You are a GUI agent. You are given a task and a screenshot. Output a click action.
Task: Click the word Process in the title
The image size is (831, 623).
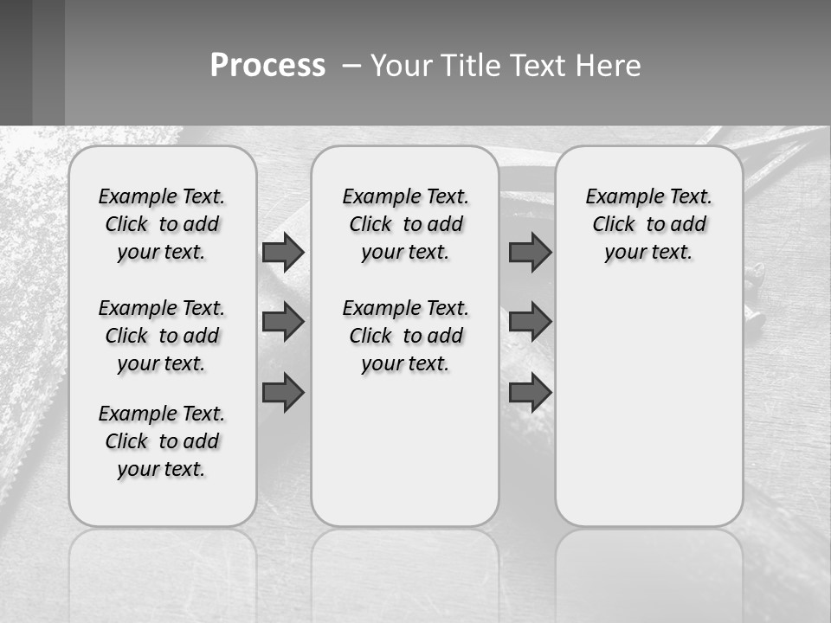tap(267, 66)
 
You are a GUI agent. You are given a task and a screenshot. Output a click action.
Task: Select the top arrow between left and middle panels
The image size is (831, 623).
tap(283, 252)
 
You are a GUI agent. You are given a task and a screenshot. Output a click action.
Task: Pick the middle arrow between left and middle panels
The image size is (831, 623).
tap(283, 322)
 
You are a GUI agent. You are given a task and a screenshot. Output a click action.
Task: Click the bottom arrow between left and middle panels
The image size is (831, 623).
tap(283, 392)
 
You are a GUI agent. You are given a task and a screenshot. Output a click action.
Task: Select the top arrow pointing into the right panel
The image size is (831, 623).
tap(530, 252)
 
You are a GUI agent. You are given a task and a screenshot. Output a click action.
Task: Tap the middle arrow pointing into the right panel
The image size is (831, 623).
tap(530, 322)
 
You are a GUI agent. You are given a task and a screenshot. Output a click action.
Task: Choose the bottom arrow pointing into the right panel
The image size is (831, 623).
tap(530, 392)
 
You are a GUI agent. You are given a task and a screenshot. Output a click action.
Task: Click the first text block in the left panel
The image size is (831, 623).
tap(162, 224)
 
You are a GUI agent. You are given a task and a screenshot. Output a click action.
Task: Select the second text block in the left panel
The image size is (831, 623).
tap(162, 336)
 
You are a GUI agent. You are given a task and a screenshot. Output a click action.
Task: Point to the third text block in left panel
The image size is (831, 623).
tap(162, 441)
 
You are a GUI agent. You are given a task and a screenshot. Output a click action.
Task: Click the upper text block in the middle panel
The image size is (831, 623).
tap(405, 224)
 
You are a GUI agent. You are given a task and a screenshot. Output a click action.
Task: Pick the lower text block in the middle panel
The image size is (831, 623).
tap(405, 336)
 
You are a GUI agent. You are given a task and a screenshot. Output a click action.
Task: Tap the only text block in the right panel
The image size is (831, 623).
tap(648, 224)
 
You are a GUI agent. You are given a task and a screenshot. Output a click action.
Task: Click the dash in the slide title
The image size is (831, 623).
tap(351, 66)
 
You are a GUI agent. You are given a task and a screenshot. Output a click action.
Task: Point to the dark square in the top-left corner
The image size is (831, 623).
tap(16, 62)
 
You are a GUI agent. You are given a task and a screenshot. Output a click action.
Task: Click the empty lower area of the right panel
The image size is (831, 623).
tap(648, 415)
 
